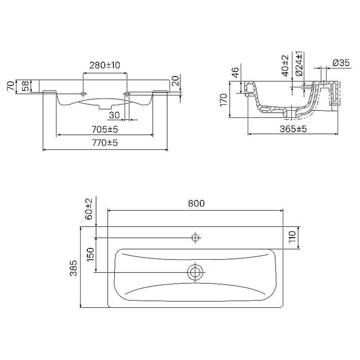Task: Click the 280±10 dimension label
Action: (105, 65)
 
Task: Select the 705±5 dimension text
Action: (105, 130)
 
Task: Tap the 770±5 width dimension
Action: (105, 143)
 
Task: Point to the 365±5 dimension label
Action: (293, 129)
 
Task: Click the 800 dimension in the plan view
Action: (196, 203)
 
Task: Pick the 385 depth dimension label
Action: (73, 268)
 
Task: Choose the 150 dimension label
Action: (91, 254)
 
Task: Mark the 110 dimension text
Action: (292, 237)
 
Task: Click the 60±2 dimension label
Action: (89, 209)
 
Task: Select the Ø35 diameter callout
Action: (341, 63)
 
